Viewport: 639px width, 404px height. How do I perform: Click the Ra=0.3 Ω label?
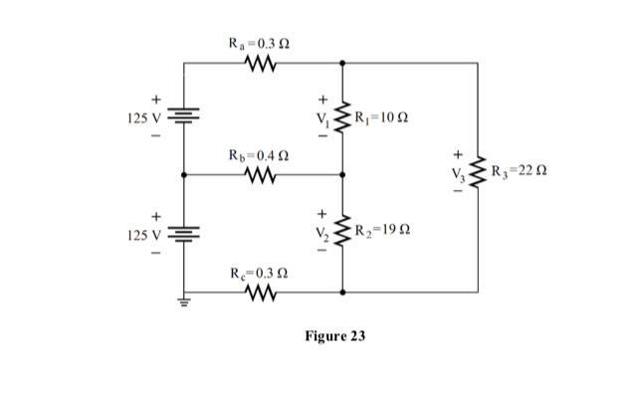tap(262, 44)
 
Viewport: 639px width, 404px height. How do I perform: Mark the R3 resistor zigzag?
tap(479, 177)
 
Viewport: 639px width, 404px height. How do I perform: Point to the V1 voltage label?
tap(322, 121)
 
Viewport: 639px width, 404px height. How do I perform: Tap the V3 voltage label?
tap(458, 178)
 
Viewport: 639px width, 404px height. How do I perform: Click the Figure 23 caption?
tap(334, 336)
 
